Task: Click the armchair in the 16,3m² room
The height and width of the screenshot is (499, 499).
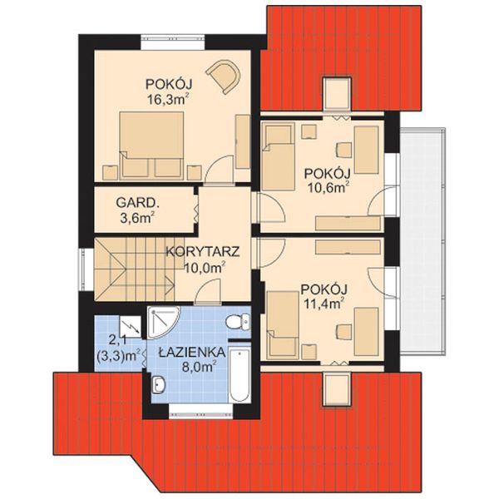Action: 224,77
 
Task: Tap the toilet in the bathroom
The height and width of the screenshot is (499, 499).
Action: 238,322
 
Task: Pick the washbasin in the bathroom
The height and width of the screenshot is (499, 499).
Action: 158,383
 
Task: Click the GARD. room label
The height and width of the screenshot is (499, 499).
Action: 137,202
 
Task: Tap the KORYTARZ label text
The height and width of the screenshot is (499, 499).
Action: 203,252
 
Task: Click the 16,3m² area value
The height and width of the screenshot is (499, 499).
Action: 166,99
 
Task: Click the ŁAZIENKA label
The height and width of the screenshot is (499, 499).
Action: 193,353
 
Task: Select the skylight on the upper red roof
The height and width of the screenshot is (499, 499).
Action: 337,94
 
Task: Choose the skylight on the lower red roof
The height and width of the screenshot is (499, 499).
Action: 337,390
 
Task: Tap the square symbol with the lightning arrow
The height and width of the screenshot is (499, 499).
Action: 131,326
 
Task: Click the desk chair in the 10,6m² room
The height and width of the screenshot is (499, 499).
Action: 343,150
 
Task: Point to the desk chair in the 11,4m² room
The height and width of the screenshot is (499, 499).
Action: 343,332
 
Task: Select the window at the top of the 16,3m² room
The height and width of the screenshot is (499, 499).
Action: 173,42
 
